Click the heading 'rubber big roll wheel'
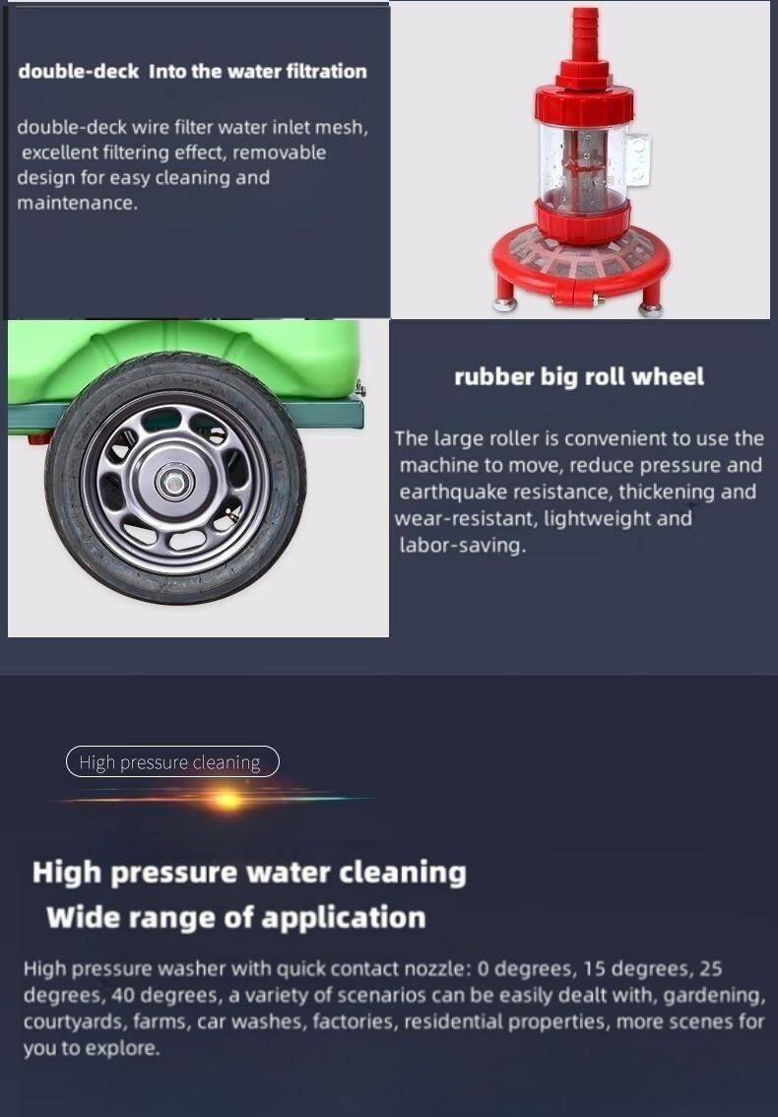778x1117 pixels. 578,376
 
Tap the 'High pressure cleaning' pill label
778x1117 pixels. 172,761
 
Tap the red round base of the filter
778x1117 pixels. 580,261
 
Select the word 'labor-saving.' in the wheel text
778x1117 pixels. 462,546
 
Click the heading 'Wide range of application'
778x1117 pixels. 235,917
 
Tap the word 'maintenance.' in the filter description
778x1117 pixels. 76,203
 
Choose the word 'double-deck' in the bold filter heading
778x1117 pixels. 79,71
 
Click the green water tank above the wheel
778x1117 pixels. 185,357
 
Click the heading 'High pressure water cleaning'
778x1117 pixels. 249,873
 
